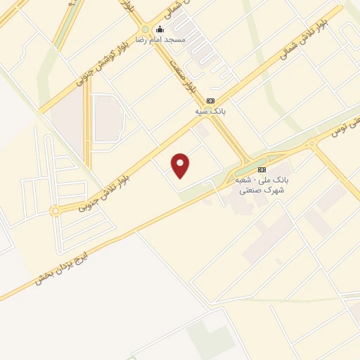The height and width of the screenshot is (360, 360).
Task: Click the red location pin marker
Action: point(181,166)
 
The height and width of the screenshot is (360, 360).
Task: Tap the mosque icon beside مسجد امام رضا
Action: point(160,29)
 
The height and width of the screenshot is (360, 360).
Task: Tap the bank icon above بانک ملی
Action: point(262,169)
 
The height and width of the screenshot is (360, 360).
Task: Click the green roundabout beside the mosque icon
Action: point(145,29)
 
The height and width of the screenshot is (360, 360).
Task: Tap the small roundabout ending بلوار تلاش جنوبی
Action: point(55,210)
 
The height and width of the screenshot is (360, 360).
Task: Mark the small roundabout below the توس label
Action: point(311,143)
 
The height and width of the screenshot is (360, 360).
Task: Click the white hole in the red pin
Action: point(181,162)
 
